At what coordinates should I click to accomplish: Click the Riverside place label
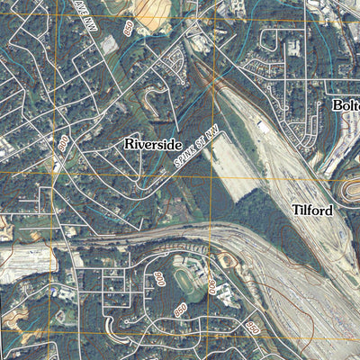(x=153, y=144)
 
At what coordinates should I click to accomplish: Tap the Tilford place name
(x=312, y=211)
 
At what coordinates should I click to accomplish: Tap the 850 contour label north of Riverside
(x=130, y=30)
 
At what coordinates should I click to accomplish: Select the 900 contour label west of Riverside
(x=64, y=143)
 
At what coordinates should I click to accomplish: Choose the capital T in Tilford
(x=296, y=211)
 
